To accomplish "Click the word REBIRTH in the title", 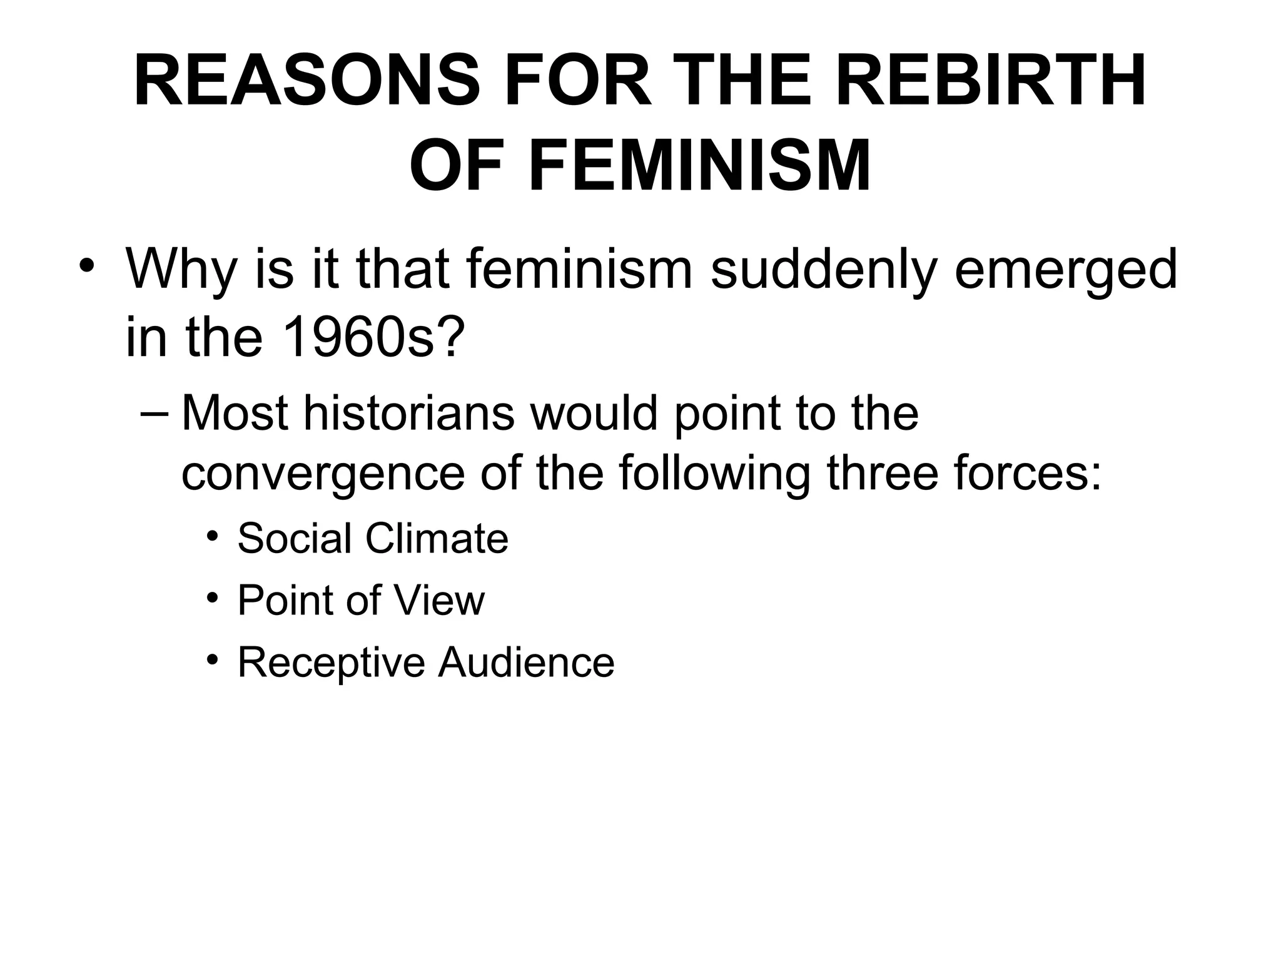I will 991,82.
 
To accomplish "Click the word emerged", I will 1065,270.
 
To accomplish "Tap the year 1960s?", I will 373,338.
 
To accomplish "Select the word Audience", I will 526,662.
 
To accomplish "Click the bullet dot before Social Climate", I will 213,537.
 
